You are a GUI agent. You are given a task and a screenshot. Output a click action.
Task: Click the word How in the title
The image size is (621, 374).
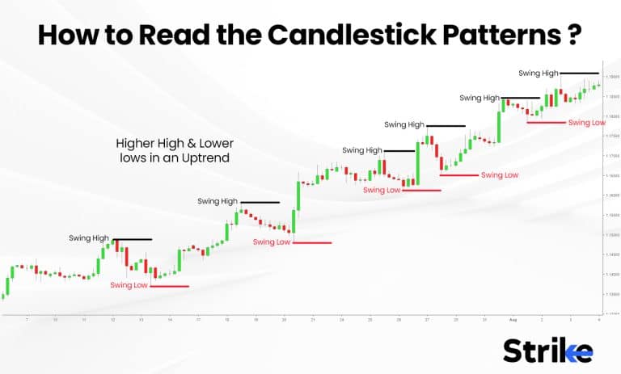[69, 35]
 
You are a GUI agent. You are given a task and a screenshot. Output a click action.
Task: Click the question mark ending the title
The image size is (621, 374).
[575, 35]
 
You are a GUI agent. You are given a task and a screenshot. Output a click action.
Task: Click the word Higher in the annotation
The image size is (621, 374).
[134, 143]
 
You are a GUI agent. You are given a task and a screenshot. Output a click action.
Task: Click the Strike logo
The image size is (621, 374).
[547, 350]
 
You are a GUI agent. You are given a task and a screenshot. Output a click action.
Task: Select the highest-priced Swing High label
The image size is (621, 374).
[539, 74]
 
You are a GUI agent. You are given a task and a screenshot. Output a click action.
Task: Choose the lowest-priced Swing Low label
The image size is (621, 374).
[129, 285]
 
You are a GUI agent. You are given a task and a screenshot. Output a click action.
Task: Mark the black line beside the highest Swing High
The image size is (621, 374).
[580, 74]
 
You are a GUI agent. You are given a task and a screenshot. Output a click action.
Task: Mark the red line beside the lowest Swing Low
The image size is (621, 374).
[169, 286]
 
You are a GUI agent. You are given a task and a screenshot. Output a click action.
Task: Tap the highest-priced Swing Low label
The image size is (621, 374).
[586, 123]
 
